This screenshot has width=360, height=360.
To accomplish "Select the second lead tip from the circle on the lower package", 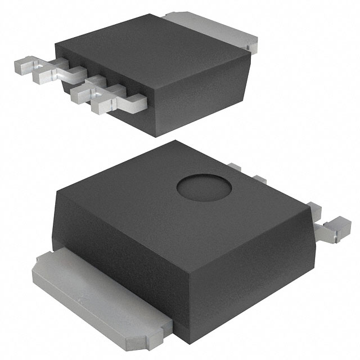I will (x=259, y=179).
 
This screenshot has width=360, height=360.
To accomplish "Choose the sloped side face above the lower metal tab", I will (x=118, y=236).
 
